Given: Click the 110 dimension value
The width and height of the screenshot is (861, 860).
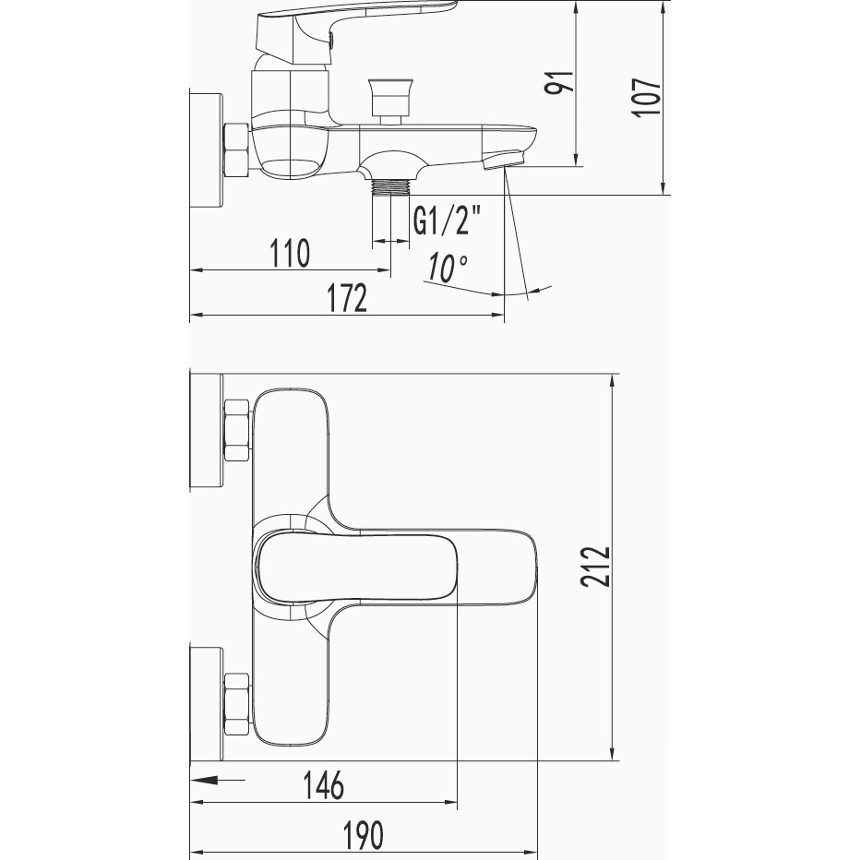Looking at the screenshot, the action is (x=290, y=253).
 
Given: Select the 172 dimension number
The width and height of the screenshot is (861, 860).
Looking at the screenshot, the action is (x=347, y=298).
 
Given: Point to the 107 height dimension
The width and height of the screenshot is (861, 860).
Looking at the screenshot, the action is (x=646, y=98).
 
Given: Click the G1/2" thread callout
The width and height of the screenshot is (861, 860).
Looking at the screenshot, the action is (x=447, y=221).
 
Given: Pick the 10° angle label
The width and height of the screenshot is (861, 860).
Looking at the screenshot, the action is (x=448, y=268).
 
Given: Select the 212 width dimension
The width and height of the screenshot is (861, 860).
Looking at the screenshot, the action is (x=595, y=567).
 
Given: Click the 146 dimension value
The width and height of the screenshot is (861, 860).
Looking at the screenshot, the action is (x=324, y=784).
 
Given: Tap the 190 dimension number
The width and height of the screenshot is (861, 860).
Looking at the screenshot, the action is (x=363, y=835).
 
